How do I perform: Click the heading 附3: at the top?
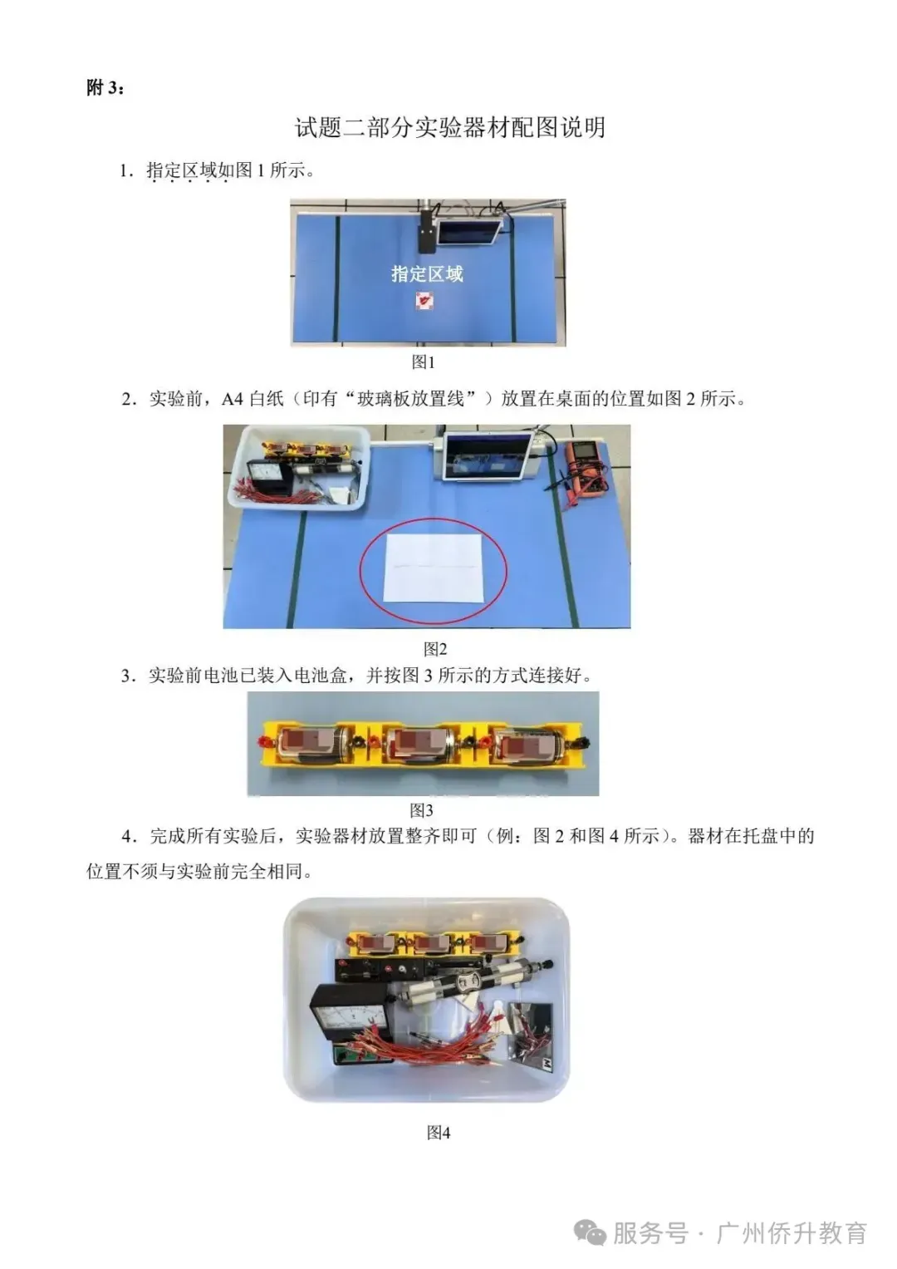point(105,87)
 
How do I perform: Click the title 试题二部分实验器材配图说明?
point(449,127)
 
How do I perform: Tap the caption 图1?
point(424,362)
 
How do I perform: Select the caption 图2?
point(435,649)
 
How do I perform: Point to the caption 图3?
point(422,809)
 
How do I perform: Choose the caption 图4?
point(438,1132)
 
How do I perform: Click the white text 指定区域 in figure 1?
point(427,273)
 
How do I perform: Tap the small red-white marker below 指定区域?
point(424,300)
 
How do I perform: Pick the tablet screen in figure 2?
point(486,455)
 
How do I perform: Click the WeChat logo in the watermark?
point(591,1232)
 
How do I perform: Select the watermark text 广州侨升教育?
point(791,1232)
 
